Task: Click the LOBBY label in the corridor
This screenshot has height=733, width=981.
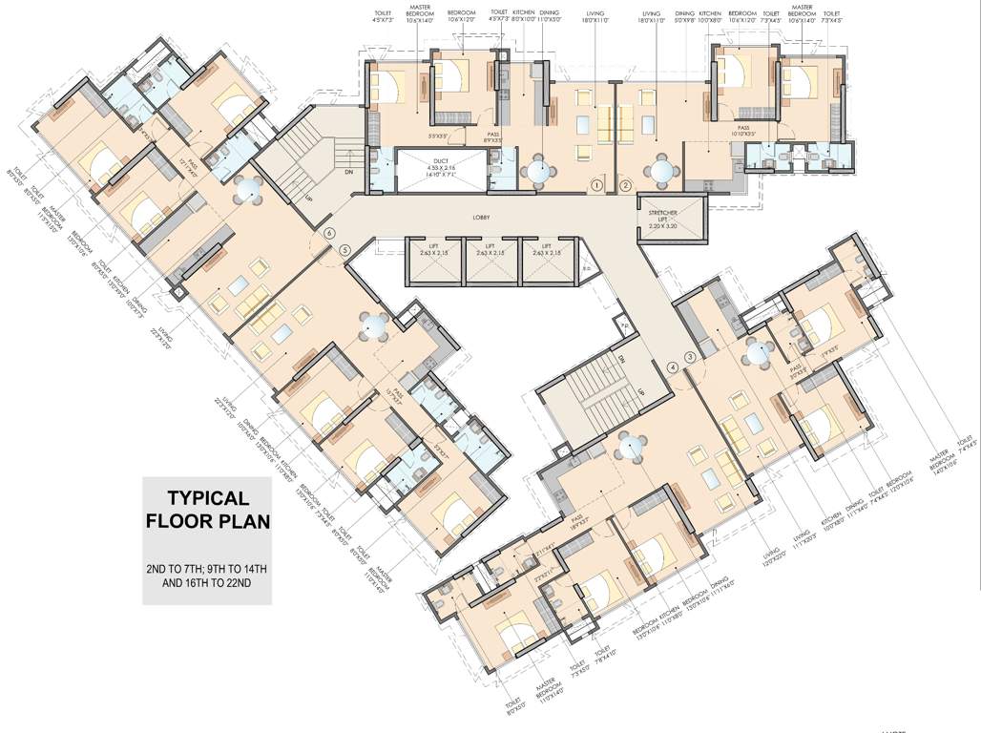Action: (481, 218)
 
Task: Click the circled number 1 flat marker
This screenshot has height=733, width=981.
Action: (596, 185)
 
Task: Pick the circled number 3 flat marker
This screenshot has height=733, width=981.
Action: (689, 356)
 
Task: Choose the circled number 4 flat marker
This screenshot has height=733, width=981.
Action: (673, 367)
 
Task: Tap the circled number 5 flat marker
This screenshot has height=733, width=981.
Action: (344, 251)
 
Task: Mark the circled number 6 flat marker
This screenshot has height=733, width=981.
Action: (330, 233)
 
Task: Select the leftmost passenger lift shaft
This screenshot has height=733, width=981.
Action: (434, 261)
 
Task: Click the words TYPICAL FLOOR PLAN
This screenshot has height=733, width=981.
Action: (207, 510)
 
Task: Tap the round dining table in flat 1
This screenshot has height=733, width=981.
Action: (540, 173)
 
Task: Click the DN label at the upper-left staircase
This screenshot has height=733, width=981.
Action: (346, 173)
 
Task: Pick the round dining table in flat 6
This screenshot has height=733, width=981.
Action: (248, 189)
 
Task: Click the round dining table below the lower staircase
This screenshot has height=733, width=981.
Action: (631, 446)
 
